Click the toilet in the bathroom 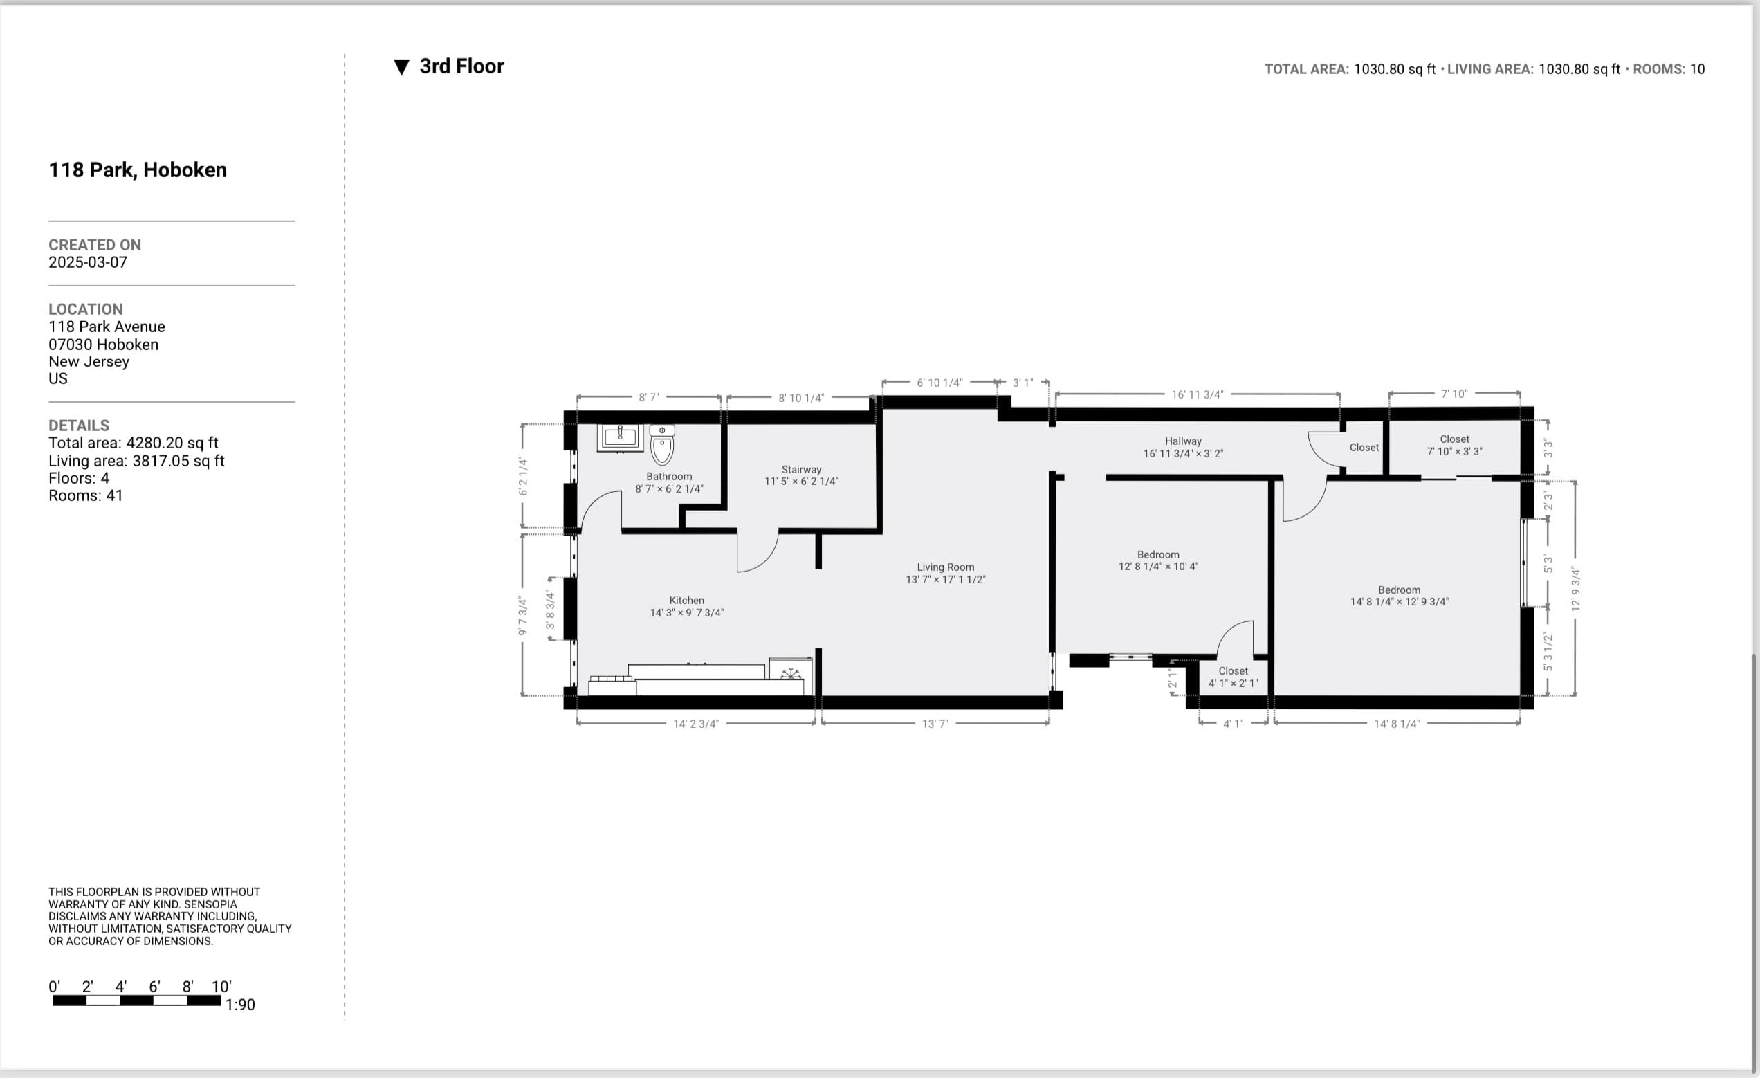pyautogui.click(x=662, y=444)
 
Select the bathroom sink pyautogui.click(x=620, y=437)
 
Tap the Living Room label pyautogui.click(x=945, y=567)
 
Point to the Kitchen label pyautogui.click(x=686, y=601)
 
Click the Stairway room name pyautogui.click(x=800, y=469)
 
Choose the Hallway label pyautogui.click(x=1183, y=441)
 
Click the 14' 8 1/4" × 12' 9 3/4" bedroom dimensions pyautogui.click(x=1399, y=602)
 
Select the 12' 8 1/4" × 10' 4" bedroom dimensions pyautogui.click(x=1158, y=567)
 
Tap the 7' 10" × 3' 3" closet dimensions pyautogui.click(x=1454, y=452)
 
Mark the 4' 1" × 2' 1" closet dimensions pyautogui.click(x=1233, y=683)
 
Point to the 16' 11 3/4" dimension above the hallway pyautogui.click(x=1197, y=394)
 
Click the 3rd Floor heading pyautogui.click(x=461, y=66)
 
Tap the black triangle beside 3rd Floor pyautogui.click(x=401, y=67)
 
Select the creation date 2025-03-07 pyautogui.click(x=88, y=263)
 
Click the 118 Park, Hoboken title pyautogui.click(x=138, y=170)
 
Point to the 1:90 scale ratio pyautogui.click(x=240, y=1005)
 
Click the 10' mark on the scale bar pyautogui.click(x=221, y=987)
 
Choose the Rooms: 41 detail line pyautogui.click(x=86, y=496)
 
